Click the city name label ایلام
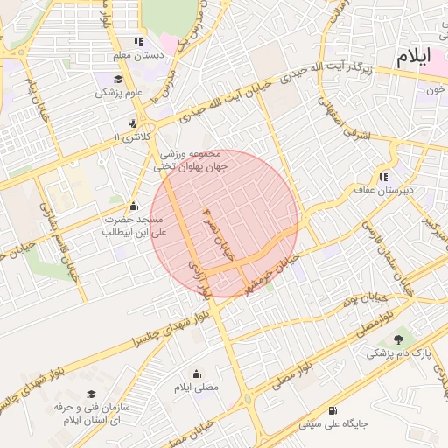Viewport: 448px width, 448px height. [x=413, y=58]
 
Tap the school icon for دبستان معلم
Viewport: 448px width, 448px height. [x=137, y=42]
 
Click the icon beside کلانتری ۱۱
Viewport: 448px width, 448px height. [x=131, y=123]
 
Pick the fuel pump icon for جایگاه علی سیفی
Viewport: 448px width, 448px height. [x=332, y=410]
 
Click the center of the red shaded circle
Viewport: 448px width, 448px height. [x=225, y=223]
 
